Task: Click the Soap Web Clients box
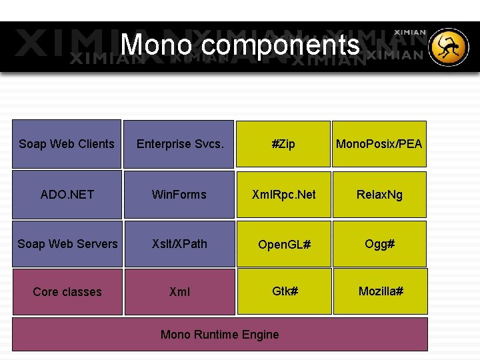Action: tap(67, 143)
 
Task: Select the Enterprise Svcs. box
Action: tap(179, 143)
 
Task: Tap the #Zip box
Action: tap(283, 143)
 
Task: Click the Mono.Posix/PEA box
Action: tap(379, 143)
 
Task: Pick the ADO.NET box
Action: tap(67, 195)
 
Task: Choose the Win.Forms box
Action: tap(179, 195)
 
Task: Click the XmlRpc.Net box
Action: tap(283, 195)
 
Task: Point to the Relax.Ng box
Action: tap(379, 195)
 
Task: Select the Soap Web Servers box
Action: tap(67, 244)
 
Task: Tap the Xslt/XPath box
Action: tap(179, 244)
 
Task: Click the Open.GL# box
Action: tap(284, 244)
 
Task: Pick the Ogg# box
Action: tap(379, 244)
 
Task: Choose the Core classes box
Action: tap(67, 292)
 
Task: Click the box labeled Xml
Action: tap(179, 292)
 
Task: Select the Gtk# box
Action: tap(285, 291)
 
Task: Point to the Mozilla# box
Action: tap(381, 291)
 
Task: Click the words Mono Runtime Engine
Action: tap(219, 335)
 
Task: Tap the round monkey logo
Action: tap(449, 47)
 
